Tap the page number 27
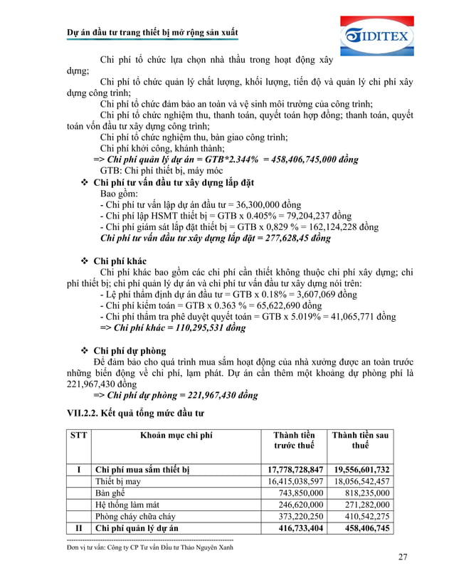click(403, 557)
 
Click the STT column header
click(75, 435)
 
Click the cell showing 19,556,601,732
click(361, 470)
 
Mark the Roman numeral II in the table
click(78, 528)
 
